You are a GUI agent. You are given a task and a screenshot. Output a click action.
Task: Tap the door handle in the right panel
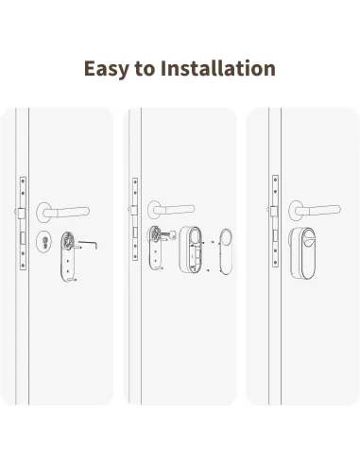pos(312,207)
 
